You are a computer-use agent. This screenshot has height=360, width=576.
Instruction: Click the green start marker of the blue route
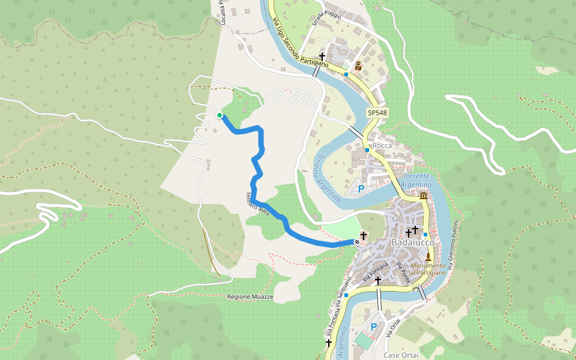[x=220, y=115]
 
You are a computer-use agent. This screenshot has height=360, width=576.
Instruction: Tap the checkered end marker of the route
[x=357, y=242]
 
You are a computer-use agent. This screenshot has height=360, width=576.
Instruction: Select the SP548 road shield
[x=377, y=112]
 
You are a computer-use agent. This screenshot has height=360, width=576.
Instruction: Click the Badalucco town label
[x=413, y=242]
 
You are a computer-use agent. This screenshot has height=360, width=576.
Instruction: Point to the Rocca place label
[x=382, y=146]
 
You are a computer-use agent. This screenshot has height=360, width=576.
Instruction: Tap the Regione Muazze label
[x=250, y=297]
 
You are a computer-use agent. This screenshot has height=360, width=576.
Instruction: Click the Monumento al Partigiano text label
[x=428, y=269]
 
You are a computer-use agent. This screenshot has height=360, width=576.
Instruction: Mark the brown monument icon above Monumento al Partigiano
[x=428, y=257]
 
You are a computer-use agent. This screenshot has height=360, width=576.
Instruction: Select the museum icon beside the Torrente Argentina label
[x=424, y=196]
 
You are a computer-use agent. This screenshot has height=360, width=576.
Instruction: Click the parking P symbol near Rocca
[x=361, y=190]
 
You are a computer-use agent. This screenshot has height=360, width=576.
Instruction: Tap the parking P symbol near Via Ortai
[x=374, y=327]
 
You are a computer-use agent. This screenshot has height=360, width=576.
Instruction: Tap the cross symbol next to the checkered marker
[x=363, y=235]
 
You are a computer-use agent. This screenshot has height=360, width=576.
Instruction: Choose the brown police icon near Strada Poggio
[x=358, y=65]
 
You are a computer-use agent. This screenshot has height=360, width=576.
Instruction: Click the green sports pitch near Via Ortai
[x=362, y=341]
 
